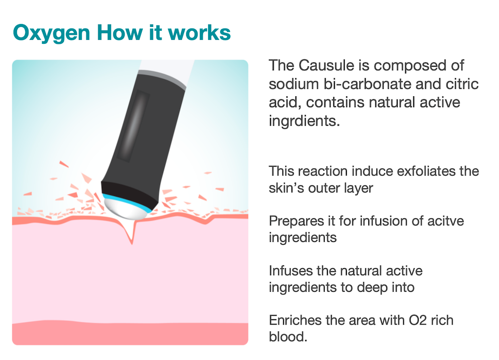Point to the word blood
288,337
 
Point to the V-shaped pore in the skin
132,233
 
